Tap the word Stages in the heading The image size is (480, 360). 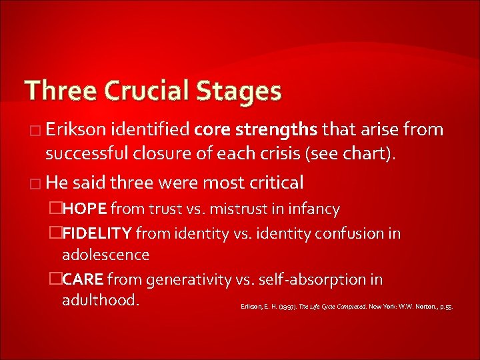coord(239,91)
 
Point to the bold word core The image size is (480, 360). coord(211,130)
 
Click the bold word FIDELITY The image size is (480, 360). coord(98,233)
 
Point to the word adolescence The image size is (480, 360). coord(105,255)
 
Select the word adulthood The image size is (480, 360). coord(100,300)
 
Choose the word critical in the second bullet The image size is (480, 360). coord(275,181)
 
